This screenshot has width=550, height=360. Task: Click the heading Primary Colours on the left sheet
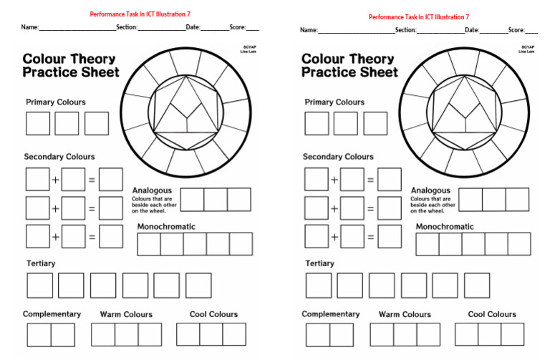click(x=56, y=102)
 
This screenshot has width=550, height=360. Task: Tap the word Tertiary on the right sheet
click(x=320, y=263)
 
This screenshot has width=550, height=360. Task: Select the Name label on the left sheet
click(x=29, y=27)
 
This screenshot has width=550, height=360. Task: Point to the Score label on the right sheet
click(x=516, y=30)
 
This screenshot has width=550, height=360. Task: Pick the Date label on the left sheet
click(x=193, y=27)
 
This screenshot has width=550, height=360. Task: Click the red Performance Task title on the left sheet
click(x=140, y=14)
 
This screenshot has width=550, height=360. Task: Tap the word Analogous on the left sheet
click(x=151, y=190)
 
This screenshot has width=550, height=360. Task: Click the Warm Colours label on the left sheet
click(x=126, y=314)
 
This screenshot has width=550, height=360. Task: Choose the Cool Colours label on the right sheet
click(x=492, y=314)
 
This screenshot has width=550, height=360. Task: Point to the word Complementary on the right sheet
click(x=331, y=314)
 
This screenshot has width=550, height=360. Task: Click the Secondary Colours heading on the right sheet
click(x=338, y=157)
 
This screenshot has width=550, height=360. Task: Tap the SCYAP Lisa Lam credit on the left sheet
click(x=249, y=49)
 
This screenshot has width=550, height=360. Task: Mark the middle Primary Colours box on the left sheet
click(x=67, y=123)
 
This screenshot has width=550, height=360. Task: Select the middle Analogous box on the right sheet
click(x=494, y=200)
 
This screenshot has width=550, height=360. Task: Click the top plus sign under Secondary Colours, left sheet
click(x=55, y=180)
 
